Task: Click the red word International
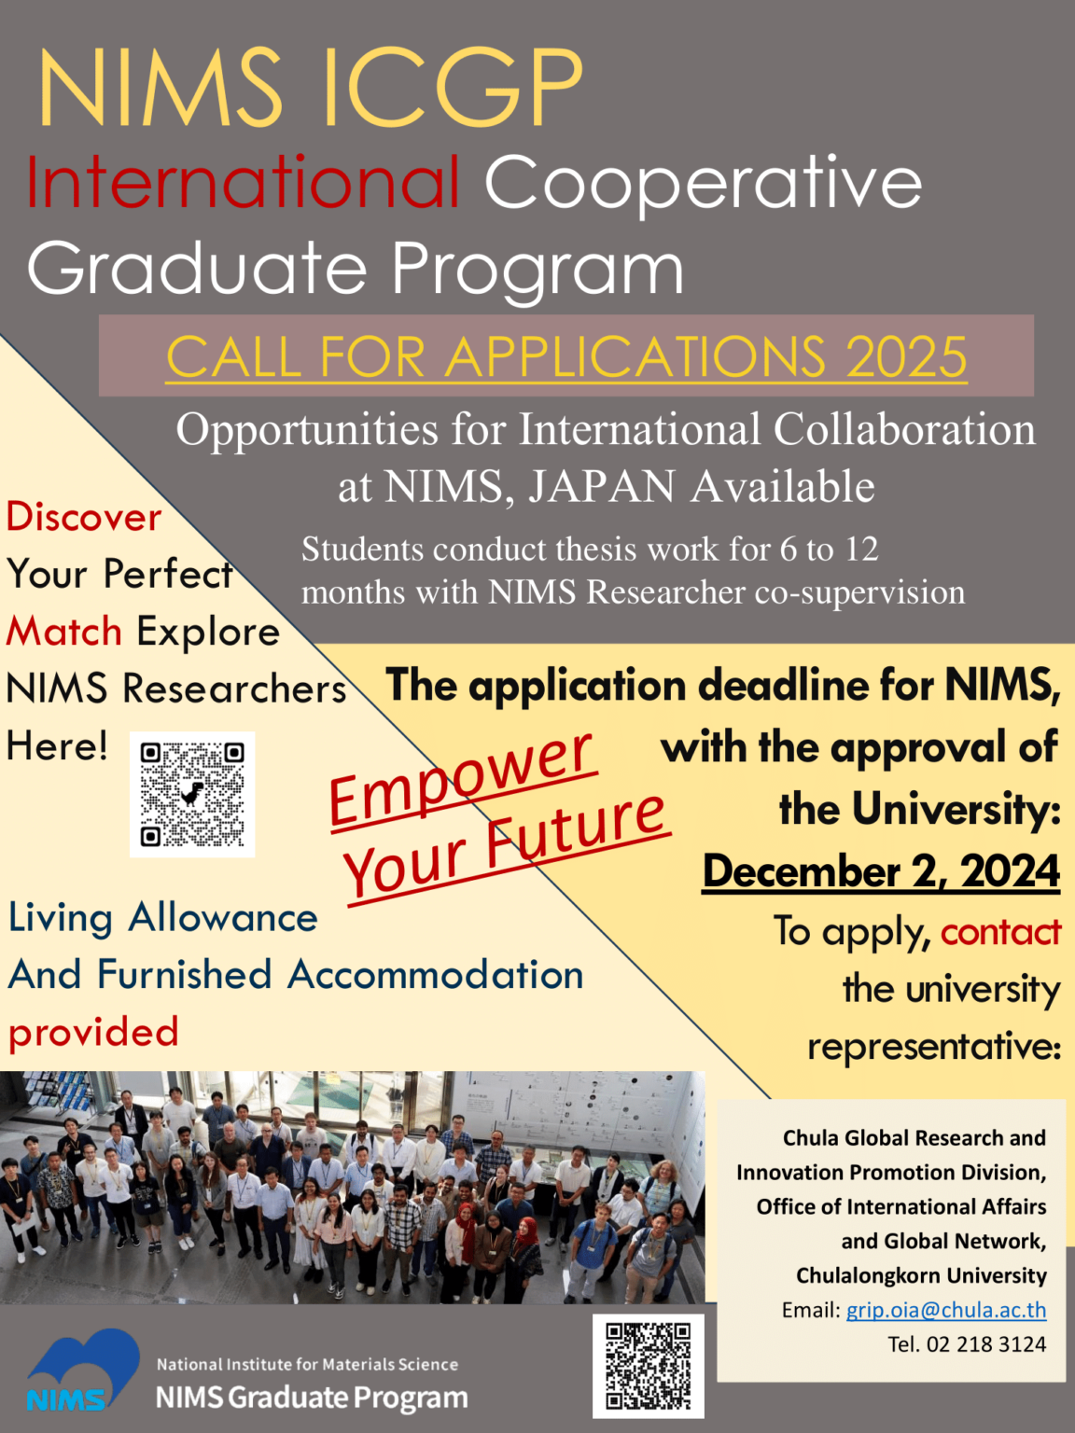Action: tap(244, 183)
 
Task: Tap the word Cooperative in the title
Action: tap(703, 183)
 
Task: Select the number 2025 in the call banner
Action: tap(905, 357)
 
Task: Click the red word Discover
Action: tap(84, 517)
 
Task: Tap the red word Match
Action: tap(64, 632)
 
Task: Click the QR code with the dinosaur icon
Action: tap(192, 794)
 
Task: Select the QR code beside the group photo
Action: tap(648, 1365)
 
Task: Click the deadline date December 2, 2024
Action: tap(880, 871)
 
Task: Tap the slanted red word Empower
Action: tap(461, 778)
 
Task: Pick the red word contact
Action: tap(1000, 931)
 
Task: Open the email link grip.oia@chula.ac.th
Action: tap(945, 1310)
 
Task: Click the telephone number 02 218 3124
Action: tap(985, 1344)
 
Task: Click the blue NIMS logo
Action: tap(82, 1370)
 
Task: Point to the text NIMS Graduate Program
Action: tap(312, 1398)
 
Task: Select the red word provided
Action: tap(93, 1032)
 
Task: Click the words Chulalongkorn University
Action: tap(920, 1275)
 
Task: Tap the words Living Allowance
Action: tap(163, 917)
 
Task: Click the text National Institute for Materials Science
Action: tap(307, 1364)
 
